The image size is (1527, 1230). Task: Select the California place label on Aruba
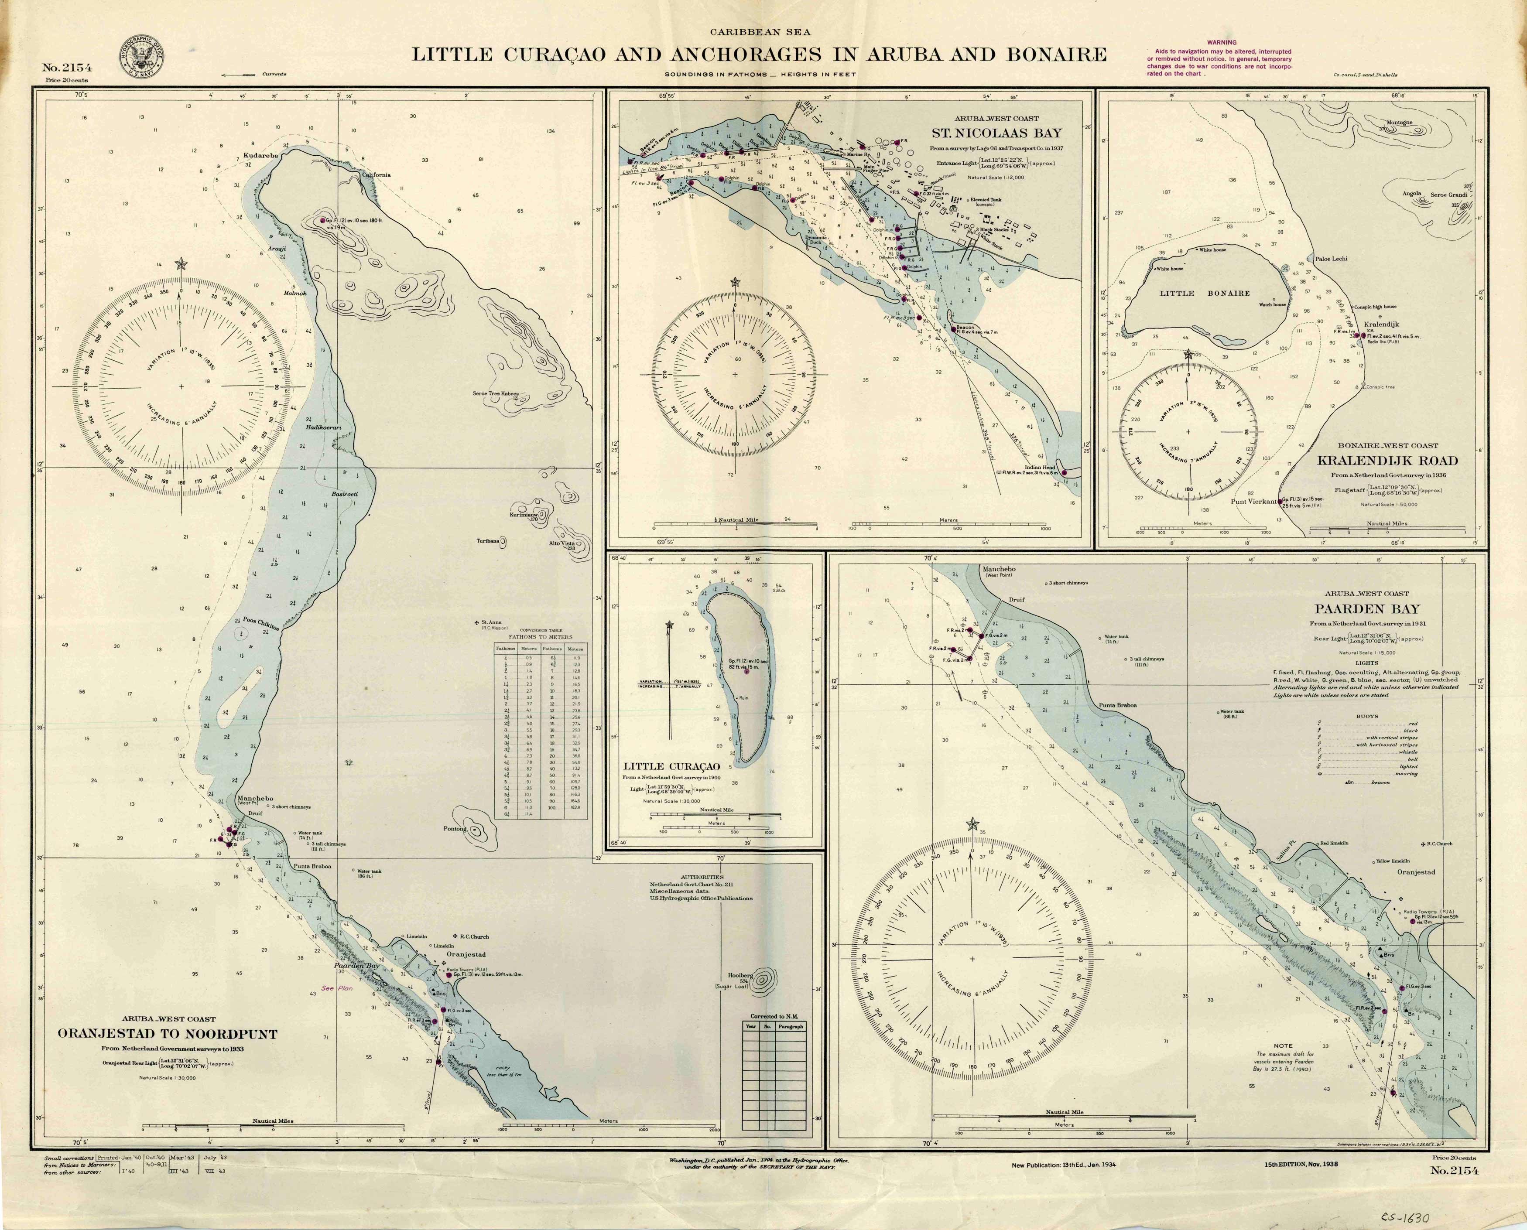click(x=376, y=174)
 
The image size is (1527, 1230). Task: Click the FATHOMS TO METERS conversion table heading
click(x=540, y=636)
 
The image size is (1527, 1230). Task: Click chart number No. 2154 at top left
click(x=67, y=68)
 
